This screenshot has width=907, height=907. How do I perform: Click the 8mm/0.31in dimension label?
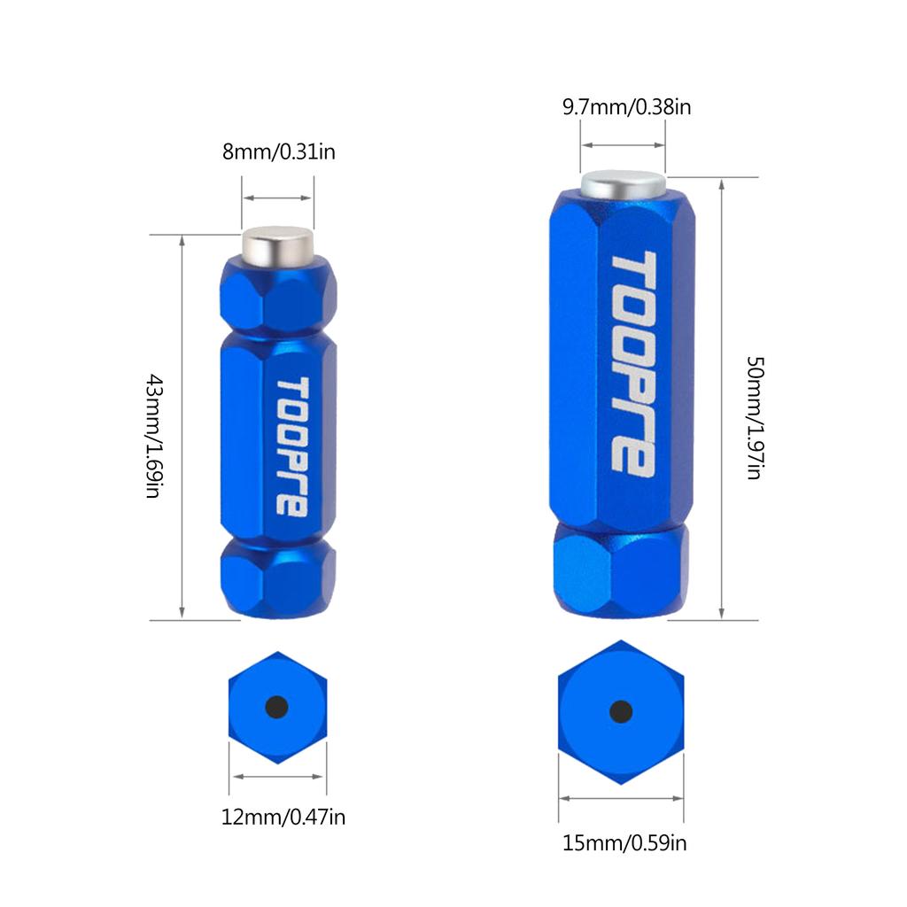click(x=279, y=152)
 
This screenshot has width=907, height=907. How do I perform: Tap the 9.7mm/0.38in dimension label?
click(x=627, y=107)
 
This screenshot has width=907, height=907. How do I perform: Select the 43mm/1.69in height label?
click(x=154, y=436)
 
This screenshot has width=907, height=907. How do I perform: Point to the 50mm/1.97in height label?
click(x=756, y=418)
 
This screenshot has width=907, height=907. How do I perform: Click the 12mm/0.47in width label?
click(x=283, y=818)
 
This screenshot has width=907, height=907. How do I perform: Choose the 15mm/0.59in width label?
click(x=624, y=843)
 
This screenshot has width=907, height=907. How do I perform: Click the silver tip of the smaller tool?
click(x=277, y=246)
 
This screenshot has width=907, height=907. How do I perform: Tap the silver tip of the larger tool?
click(x=623, y=185)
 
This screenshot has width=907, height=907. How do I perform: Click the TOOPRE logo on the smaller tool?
click(x=292, y=446)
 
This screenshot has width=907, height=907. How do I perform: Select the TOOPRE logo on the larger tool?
click(x=634, y=364)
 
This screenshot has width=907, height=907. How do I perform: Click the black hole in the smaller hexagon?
click(x=276, y=707)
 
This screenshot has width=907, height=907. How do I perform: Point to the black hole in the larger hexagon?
click(x=621, y=712)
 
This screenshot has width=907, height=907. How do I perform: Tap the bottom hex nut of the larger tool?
click(x=621, y=570)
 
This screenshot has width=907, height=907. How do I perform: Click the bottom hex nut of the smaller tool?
click(x=278, y=577)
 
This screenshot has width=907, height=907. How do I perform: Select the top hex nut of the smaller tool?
click(x=278, y=295)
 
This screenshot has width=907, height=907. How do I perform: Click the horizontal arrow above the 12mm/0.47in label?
click(x=277, y=776)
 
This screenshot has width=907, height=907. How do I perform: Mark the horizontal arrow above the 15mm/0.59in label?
click(x=621, y=799)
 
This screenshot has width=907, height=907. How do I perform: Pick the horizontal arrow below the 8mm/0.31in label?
click(x=277, y=198)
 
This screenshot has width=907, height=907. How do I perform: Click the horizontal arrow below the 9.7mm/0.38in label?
click(x=623, y=144)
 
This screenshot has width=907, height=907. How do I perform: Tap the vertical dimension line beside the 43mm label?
click(x=182, y=428)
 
